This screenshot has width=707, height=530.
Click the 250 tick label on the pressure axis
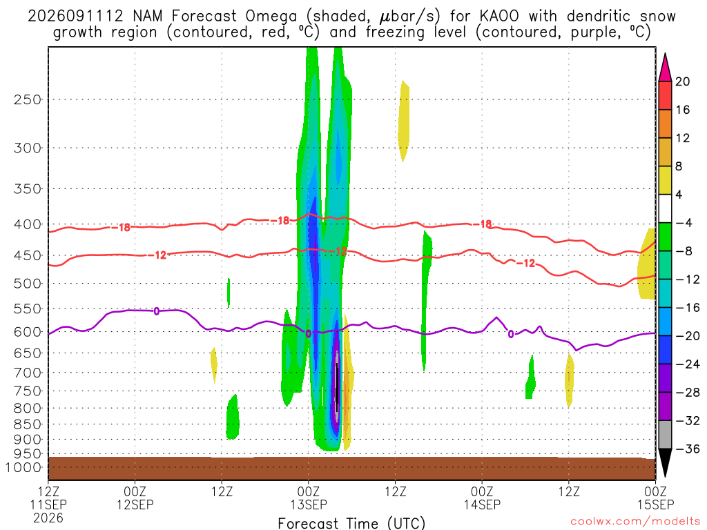[27, 99]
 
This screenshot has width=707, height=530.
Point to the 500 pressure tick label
[27, 284]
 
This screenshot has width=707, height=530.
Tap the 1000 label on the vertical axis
[23, 468]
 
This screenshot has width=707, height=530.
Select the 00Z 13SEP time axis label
[309, 498]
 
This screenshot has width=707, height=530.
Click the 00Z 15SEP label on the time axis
[655, 498]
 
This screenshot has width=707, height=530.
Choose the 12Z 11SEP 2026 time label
[48, 504]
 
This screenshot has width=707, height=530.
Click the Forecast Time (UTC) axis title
[351, 523]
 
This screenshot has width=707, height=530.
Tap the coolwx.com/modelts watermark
[635, 522]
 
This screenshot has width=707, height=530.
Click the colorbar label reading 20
[683, 81]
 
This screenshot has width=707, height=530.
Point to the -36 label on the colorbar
[687, 449]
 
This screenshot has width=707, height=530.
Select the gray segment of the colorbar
[665, 435]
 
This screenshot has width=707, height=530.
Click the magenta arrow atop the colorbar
[665, 67]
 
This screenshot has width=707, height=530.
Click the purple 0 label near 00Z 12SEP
[157, 311]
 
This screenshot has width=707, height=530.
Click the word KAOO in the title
[499, 17]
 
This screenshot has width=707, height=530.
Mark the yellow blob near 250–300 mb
[403, 120]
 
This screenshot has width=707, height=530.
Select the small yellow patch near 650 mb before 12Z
[214, 364]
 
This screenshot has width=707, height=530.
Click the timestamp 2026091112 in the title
[75, 17]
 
